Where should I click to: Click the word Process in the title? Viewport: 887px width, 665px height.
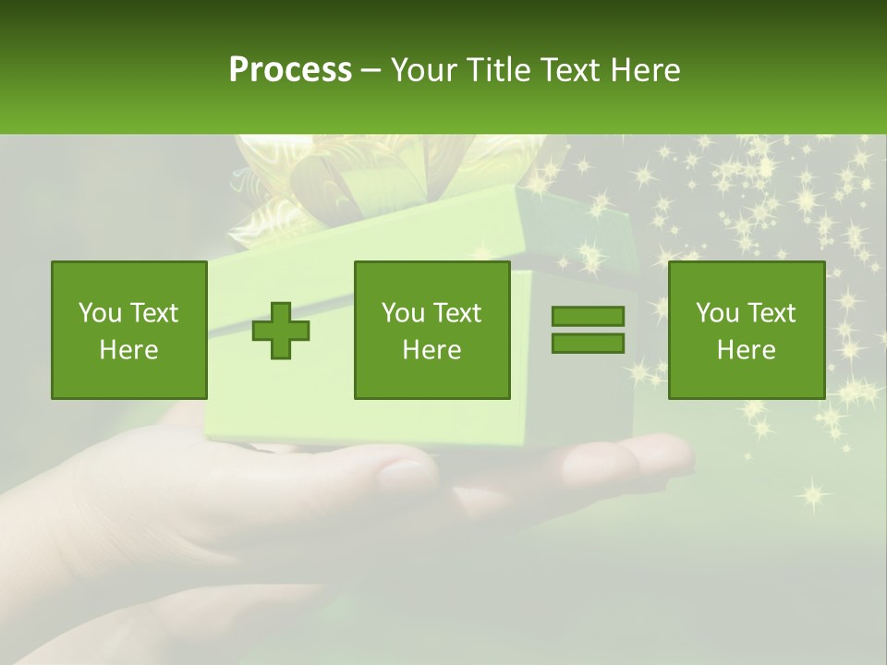(x=290, y=70)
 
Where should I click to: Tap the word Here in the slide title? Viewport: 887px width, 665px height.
(x=646, y=70)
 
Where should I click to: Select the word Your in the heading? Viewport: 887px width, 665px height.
(x=423, y=70)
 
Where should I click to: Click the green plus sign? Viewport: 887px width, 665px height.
(x=281, y=331)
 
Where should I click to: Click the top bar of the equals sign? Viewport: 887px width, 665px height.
(x=588, y=317)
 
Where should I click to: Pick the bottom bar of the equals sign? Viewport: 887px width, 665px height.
(x=588, y=343)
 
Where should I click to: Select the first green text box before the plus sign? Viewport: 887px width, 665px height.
(x=129, y=331)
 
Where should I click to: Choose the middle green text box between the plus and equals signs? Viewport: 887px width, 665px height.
(x=431, y=331)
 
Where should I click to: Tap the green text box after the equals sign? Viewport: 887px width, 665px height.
(x=746, y=331)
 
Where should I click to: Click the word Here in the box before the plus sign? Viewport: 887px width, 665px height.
(x=129, y=350)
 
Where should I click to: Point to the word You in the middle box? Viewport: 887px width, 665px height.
(x=403, y=313)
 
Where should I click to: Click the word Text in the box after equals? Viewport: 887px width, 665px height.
(x=772, y=313)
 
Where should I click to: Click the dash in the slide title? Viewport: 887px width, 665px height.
(x=371, y=70)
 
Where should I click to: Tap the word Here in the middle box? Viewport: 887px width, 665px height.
(x=431, y=350)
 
